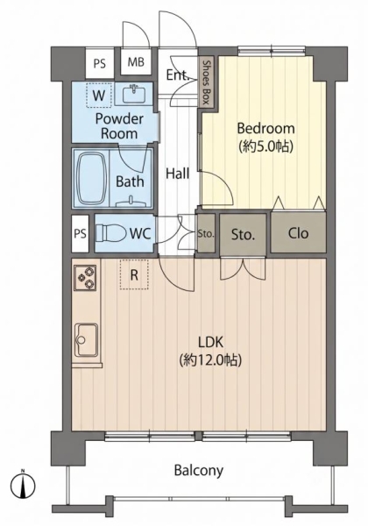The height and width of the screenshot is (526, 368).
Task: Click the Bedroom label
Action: (x=265, y=129)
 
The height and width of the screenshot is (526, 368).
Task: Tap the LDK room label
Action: (x=210, y=343)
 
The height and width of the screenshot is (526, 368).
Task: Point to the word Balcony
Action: (x=198, y=471)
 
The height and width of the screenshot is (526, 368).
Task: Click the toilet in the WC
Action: (x=108, y=233)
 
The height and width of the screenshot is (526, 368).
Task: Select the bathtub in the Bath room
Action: (x=91, y=178)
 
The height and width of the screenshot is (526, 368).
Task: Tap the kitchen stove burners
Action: (x=85, y=277)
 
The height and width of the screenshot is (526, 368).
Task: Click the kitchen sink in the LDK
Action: (x=86, y=340)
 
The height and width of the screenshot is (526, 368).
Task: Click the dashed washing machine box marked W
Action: (x=99, y=95)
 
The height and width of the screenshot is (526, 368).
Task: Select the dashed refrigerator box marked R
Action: (x=134, y=274)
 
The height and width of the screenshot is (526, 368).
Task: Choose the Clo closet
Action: (x=298, y=232)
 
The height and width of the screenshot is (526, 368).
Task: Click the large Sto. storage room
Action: (x=243, y=234)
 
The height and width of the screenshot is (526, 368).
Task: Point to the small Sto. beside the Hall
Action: (x=205, y=234)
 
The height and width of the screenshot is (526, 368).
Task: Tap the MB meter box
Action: (x=136, y=62)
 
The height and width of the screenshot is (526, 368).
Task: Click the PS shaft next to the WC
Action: (x=80, y=233)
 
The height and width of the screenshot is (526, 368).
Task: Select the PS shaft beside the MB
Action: (x=99, y=63)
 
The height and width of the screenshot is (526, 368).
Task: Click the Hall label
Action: (x=178, y=174)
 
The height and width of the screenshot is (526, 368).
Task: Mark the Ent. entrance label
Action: (x=178, y=75)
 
